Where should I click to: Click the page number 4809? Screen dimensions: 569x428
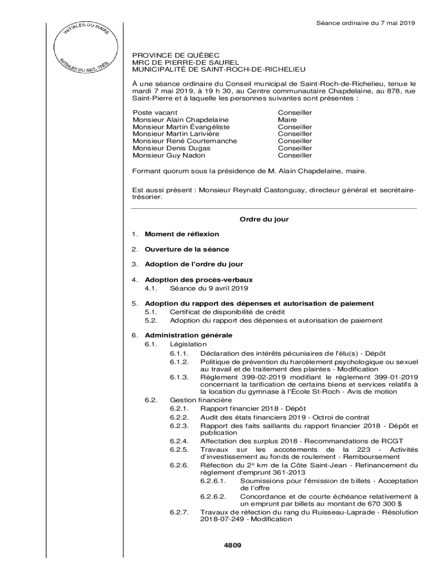232,546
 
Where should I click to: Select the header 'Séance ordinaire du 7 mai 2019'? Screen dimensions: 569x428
366,23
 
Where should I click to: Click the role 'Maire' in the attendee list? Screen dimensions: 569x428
287,119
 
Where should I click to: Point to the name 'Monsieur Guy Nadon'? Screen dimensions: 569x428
169,156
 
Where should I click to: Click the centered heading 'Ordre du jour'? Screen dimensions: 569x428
264,219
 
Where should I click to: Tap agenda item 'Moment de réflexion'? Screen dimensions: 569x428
182,234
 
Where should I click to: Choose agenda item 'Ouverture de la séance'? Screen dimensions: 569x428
187,249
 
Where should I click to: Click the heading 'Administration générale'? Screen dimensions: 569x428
188,335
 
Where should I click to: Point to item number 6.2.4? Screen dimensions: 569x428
180,441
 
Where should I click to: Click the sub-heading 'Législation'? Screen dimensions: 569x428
188,345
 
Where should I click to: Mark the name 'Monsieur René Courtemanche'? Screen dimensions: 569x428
185,141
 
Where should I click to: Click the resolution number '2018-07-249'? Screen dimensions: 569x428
222,519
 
